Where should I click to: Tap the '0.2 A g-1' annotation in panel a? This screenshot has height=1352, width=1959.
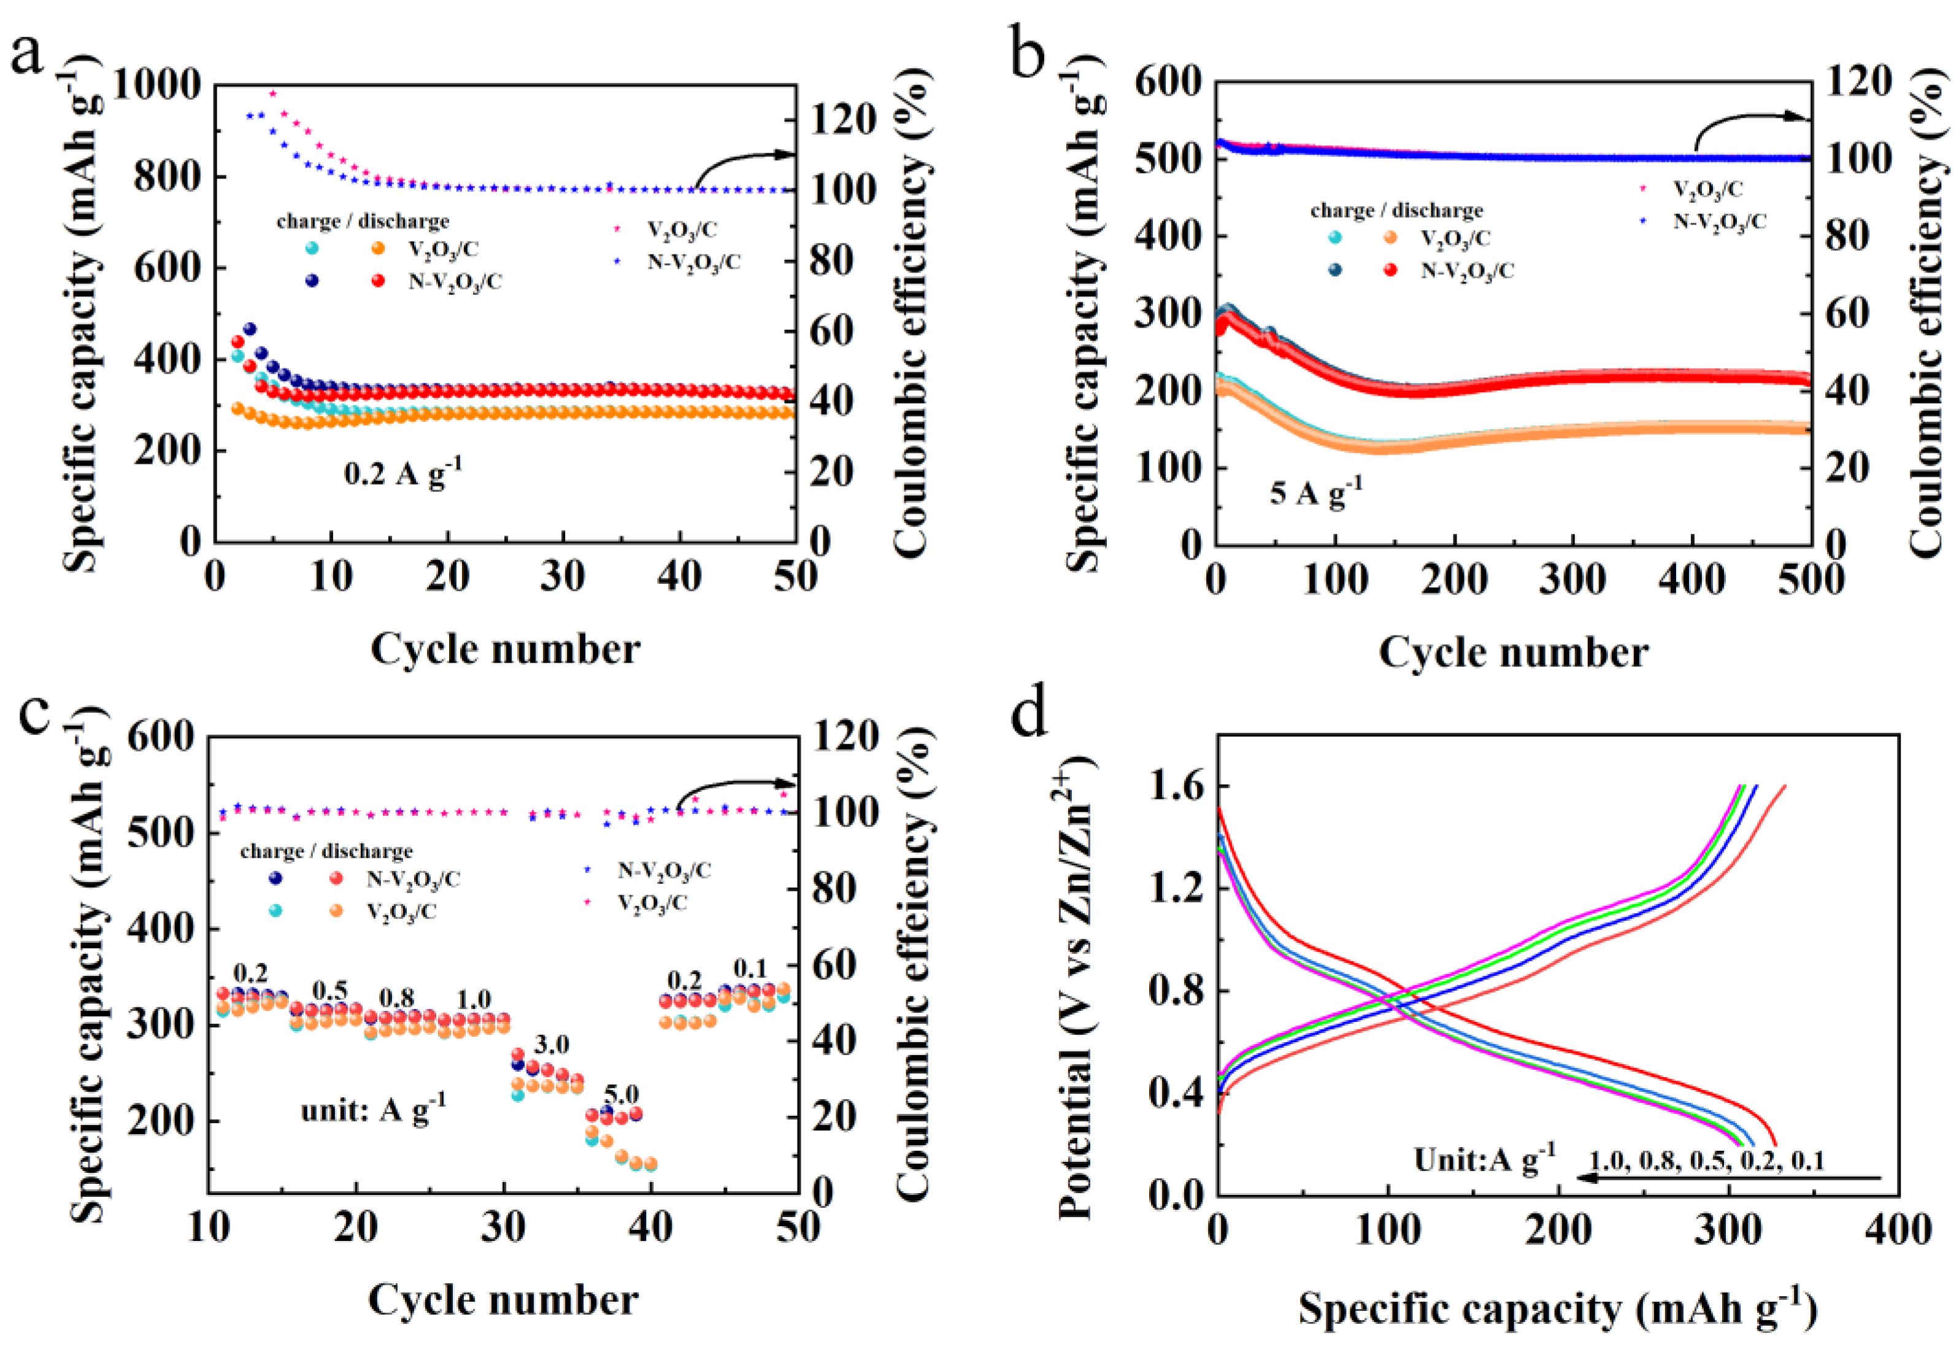[x=403, y=472]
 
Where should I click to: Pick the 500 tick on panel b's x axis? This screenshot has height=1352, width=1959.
[x=1810, y=581]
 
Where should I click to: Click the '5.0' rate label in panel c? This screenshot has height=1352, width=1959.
[x=621, y=1094]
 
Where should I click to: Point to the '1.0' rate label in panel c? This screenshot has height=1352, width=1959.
[x=473, y=1000]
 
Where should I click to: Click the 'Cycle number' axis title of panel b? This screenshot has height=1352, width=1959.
[x=1514, y=652]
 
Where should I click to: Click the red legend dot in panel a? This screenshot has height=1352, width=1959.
[x=378, y=280]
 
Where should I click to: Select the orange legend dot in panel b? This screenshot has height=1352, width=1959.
[x=1390, y=238]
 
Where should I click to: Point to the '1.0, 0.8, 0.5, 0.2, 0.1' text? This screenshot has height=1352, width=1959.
[x=1706, y=1161]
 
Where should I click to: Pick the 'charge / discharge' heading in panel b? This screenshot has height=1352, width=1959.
[x=1396, y=209]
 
